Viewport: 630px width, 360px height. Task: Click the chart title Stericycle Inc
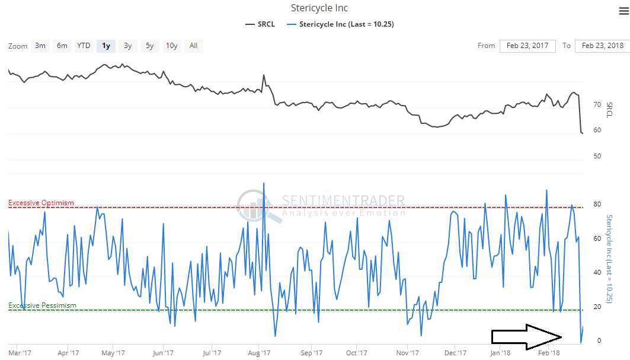tap(319, 8)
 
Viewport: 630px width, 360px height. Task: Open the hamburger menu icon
tap(623, 12)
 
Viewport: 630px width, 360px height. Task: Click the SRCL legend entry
tap(260, 24)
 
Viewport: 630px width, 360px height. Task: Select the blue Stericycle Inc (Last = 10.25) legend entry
tap(340, 24)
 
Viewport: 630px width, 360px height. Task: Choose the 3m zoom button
tap(40, 46)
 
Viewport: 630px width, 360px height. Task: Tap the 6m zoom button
tap(62, 46)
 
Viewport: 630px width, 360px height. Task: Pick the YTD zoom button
tap(84, 46)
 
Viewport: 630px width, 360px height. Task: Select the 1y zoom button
tap(106, 46)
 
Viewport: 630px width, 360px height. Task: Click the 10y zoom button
tap(171, 46)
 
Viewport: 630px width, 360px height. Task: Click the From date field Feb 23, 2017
tap(527, 46)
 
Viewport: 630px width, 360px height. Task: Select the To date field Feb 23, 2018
tap(602, 46)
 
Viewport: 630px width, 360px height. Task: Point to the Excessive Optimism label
tap(41, 203)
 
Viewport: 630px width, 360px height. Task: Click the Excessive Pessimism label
tap(42, 305)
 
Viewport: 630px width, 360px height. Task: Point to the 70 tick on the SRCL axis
tap(597, 105)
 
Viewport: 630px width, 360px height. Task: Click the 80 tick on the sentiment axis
tap(597, 205)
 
